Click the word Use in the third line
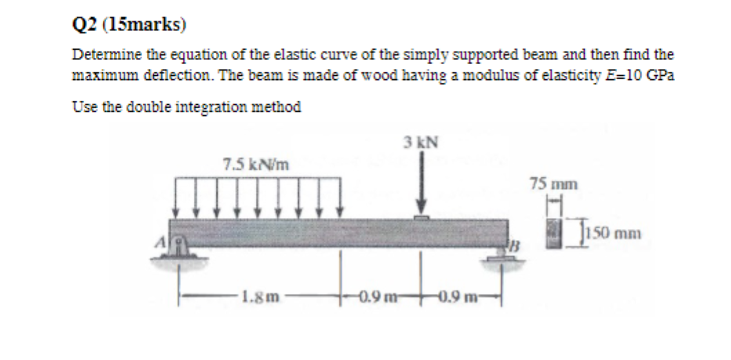[82, 108]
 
